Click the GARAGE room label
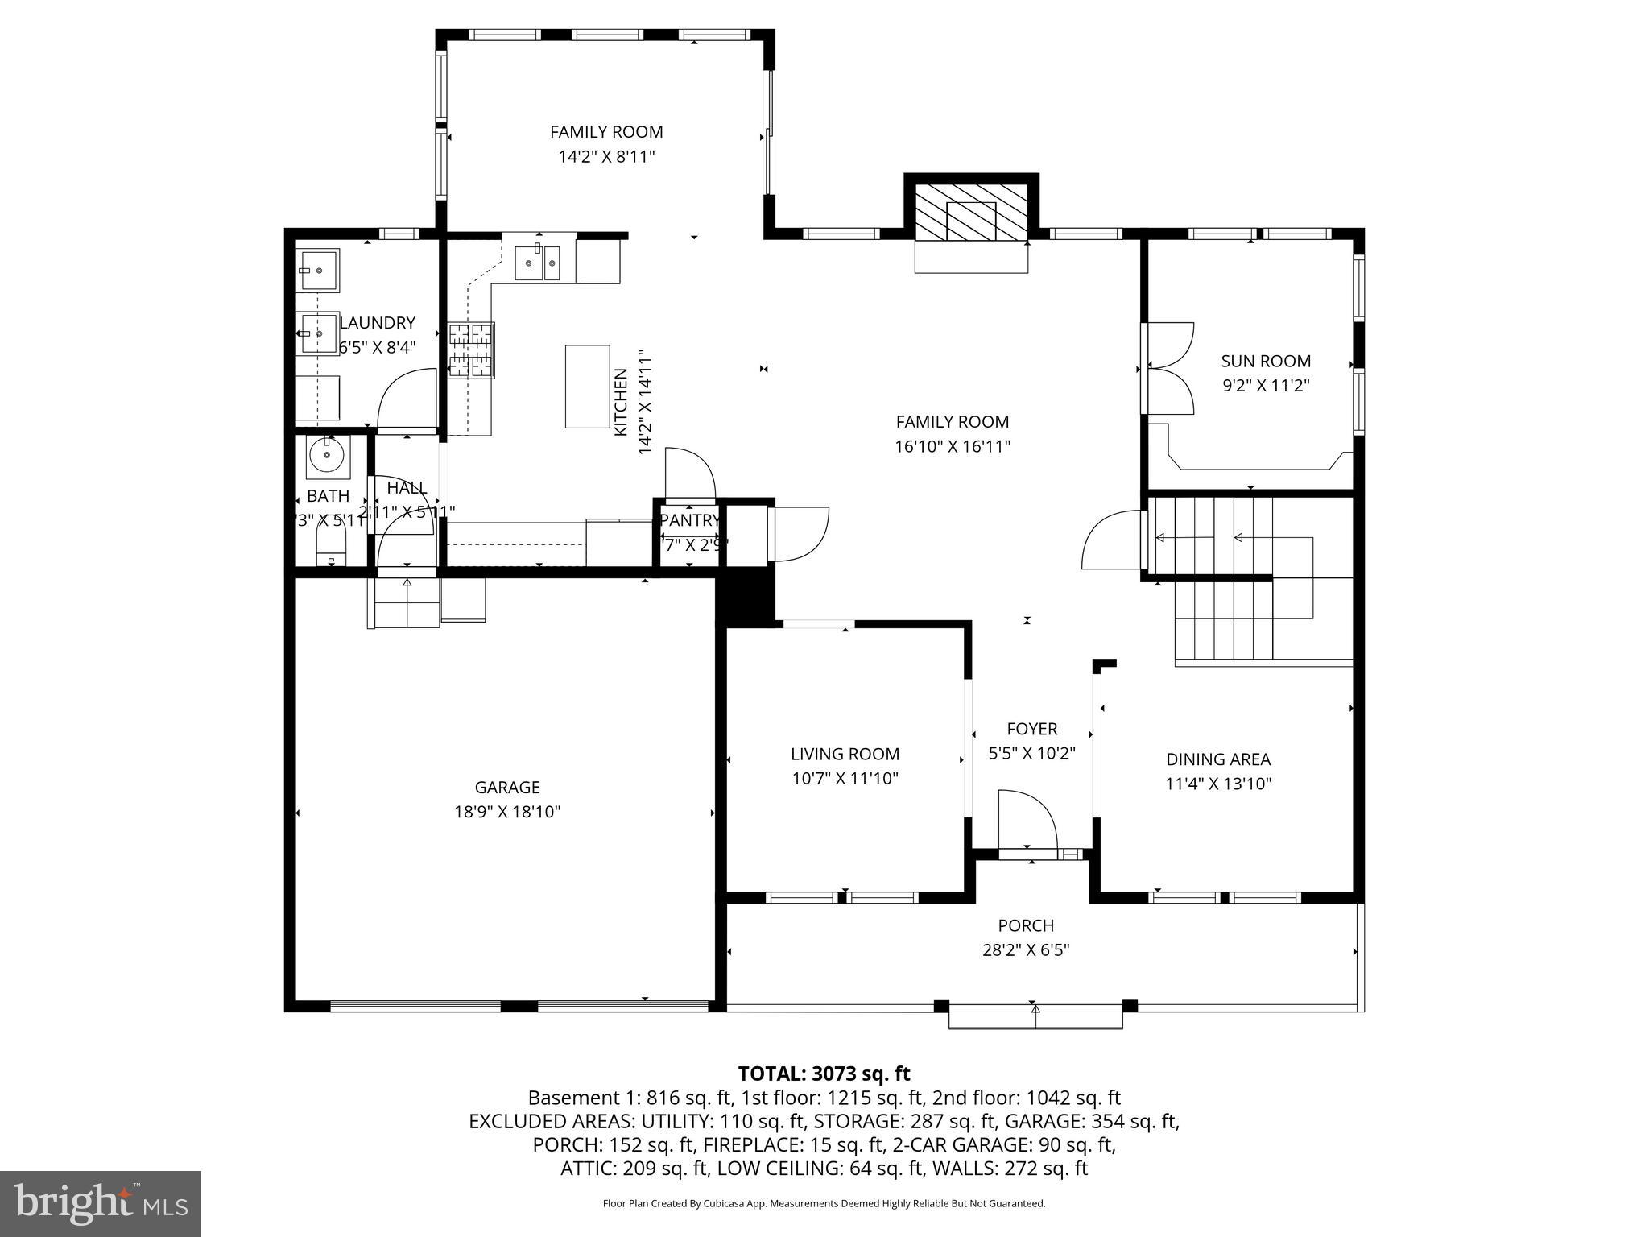[x=506, y=788]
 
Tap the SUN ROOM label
[x=1266, y=362]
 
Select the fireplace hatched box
[x=971, y=212]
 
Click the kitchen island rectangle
[x=587, y=387]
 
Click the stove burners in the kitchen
[x=471, y=350]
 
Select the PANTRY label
[x=689, y=520]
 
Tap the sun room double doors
[x=1168, y=368]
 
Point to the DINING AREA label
[x=1218, y=759]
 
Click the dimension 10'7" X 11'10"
[x=845, y=779]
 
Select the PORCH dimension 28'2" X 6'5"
[x=1026, y=950]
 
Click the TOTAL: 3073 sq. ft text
[x=824, y=1074]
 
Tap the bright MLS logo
[x=101, y=1203]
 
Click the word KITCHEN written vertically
[x=621, y=402]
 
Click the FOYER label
[x=1031, y=729]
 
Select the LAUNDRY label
[x=377, y=323]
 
